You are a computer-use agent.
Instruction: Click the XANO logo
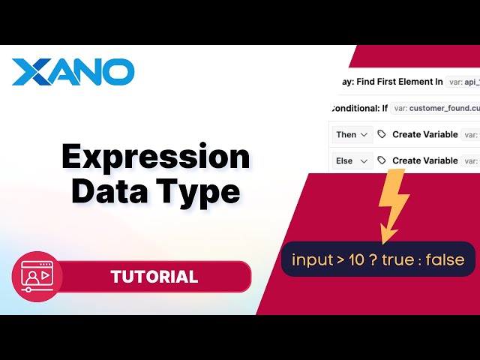click(x=73, y=72)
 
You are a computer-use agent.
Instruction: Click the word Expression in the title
click(x=155, y=157)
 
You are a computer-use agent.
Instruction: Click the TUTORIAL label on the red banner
click(x=154, y=277)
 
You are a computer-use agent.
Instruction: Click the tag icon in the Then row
click(x=382, y=134)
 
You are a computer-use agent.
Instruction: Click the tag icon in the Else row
click(x=382, y=160)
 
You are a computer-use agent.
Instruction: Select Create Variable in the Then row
click(x=424, y=134)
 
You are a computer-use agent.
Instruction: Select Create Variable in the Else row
click(x=424, y=160)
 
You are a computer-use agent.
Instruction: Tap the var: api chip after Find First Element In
click(x=460, y=81)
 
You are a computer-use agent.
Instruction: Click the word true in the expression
click(x=396, y=260)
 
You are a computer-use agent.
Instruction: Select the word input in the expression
click(x=311, y=260)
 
